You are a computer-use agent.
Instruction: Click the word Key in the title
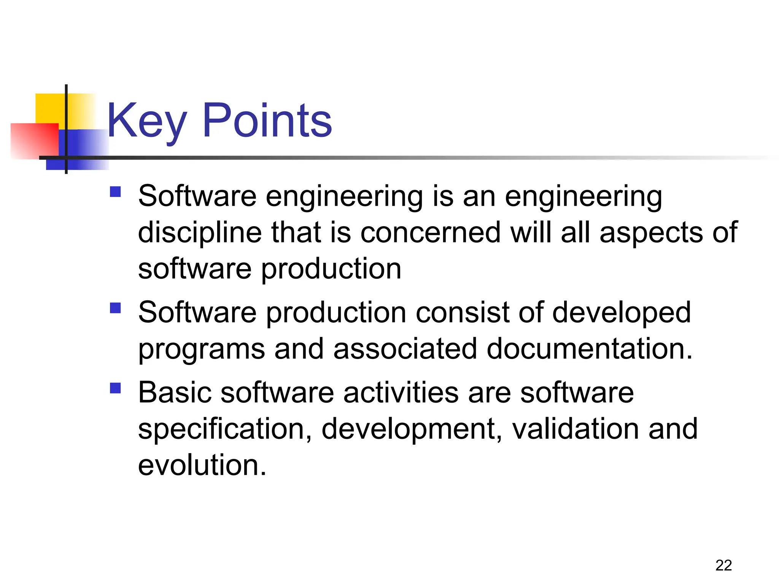(x=147, y=121)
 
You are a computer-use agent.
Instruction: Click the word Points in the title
(x=267, y=121)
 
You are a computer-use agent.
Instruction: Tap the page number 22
(x=723, y=565)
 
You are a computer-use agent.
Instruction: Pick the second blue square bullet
(x=115, y=308)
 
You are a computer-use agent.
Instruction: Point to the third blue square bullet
(x=115, y=388)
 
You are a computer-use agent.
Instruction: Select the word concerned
(x=430, y=233)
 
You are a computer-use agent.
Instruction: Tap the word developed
(x=621, y=313)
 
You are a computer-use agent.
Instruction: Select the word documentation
(x=589, y=349)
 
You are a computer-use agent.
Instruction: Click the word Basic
(x=175, y=392)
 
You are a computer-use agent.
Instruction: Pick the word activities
(x=401, y=392)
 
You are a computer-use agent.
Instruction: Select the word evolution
(x=202, y=465)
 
